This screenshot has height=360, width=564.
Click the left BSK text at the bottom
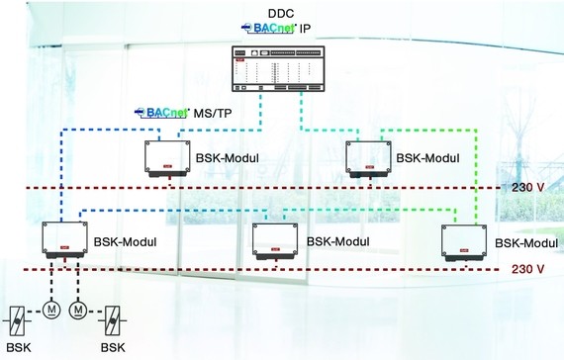click(x=17, y=349)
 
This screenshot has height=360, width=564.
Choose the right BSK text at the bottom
click(x=113, y=349)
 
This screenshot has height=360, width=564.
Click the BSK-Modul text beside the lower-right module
click(x=524, y=242)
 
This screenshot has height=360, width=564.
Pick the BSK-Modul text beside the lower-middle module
click(x=337, y=241)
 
